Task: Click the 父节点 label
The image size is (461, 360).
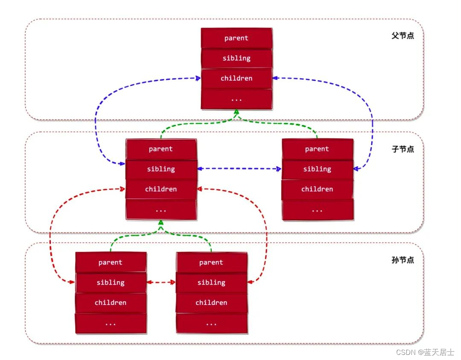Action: point(403,36)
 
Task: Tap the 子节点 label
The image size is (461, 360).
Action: point(403,149)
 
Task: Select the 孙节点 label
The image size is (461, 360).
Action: point(403,260)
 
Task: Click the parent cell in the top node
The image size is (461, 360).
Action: point(236,38)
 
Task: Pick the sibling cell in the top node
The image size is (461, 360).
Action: point(236,58)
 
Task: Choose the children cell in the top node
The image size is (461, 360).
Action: point(236,78)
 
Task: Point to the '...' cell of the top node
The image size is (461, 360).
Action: point(236,99)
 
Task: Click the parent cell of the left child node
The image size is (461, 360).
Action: point(161,149)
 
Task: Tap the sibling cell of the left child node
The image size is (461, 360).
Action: point(161,169)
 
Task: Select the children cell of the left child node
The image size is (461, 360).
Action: point(161,189)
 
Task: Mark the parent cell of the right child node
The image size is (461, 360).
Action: point(317,149)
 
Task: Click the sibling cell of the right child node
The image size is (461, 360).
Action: point(317,169)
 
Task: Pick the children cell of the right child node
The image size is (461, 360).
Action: point(317,189)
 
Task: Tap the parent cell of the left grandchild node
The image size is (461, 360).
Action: point(111,262)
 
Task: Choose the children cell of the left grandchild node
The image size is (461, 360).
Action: point(111,302)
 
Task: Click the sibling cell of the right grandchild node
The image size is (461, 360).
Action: point(211,282)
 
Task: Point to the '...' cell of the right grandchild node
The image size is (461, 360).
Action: point(211,323)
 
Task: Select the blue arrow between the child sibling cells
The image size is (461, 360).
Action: point(239,169)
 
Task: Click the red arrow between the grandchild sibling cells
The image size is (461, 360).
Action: point(161,282)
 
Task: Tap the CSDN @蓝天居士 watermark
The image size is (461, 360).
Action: point(425,352)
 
